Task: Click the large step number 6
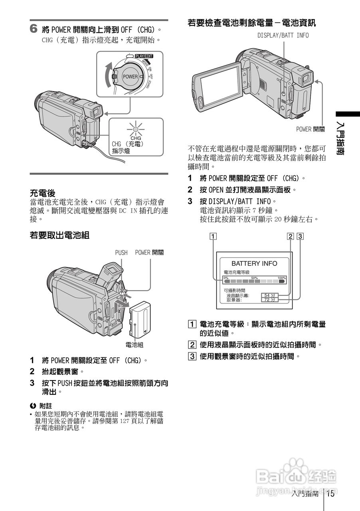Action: click(34, 29)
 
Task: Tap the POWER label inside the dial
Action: click(130, 77)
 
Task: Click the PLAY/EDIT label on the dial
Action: click(144, 56)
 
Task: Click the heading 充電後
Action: click(43, 192)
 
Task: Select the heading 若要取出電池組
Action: click(59, 235)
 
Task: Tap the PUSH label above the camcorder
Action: click(121, 252)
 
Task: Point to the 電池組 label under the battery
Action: click(135, 345)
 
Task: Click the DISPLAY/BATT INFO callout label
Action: click(283, 36)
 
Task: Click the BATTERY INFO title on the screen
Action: click(254, 263)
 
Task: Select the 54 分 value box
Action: click(270, 295)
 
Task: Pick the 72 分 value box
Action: click(270, 300)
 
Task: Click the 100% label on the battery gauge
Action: click(282, 277)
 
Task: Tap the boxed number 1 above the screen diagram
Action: click(214, 236)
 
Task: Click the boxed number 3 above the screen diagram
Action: click(300, 236)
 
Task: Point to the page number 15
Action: click(330, 494)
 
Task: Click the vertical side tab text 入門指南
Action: click(340, 138)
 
